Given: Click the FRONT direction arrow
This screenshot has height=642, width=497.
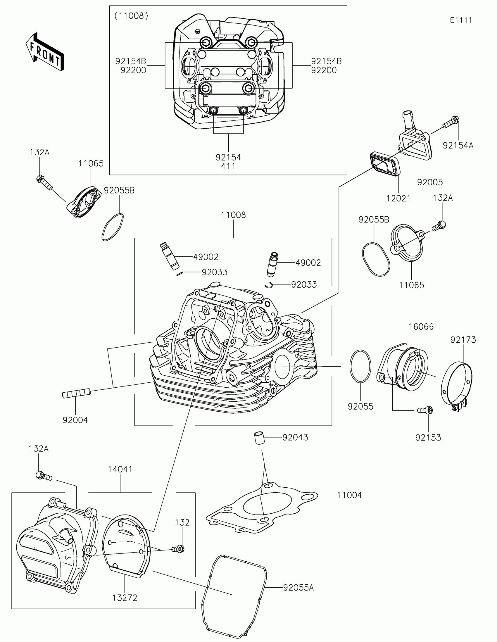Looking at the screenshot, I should pos(45,52).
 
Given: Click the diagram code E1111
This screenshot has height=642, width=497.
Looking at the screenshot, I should pos(461,20).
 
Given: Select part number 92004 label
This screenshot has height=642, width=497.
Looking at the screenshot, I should pos(75,420).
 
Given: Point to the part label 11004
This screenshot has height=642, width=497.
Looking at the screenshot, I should pos(349,495).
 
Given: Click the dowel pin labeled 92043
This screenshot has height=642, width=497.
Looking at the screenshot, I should pos(259,438).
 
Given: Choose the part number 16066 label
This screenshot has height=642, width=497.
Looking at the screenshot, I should pos(421,327).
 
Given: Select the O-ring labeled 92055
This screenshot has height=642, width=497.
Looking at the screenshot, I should pos(360,366).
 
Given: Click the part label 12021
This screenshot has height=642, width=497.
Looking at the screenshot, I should pos(398,199).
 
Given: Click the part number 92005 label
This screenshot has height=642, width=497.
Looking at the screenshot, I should pos(430,182).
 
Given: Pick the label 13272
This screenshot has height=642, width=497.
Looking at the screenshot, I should pos(125,598).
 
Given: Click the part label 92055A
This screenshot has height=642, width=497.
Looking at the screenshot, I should pos(298,588).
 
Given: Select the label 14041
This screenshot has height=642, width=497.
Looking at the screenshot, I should pos(120,469).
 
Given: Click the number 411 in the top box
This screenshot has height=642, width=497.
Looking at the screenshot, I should pos(228,166).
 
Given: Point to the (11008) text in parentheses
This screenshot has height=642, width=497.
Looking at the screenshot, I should pos(131,16).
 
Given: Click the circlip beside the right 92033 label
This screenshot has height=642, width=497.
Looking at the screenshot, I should pos(269,285).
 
